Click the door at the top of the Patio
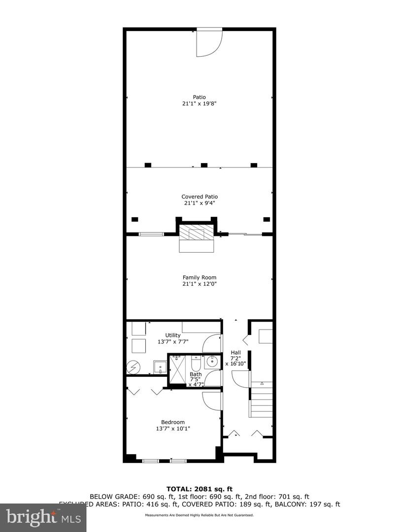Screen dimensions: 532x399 click(209, 43)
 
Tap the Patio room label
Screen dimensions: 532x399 click(199, 97)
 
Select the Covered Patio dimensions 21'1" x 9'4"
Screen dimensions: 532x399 click(199, 203)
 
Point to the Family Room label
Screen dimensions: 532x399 click(199, 277)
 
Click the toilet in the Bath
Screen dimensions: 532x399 click(195, 364)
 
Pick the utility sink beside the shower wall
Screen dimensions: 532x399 click(160, 367)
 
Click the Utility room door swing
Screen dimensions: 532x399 click(212, 343)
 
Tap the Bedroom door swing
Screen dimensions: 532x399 click(212, 401)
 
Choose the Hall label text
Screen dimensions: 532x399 click(235, 353)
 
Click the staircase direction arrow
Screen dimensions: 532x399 click(262, 383)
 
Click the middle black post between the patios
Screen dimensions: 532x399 click(204, 165)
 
